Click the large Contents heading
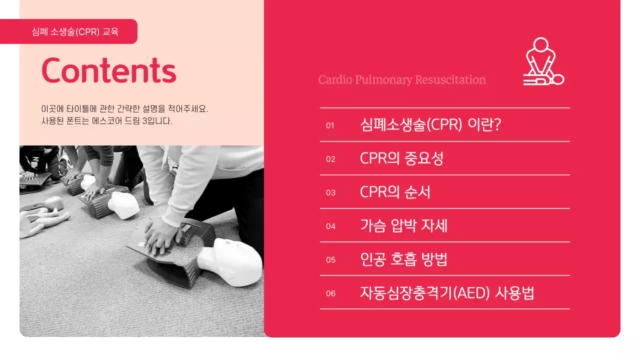pos(108,70)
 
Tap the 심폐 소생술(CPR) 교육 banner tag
pos(75,31)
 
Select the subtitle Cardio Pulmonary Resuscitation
pos(401,79)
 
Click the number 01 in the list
pos(330,125)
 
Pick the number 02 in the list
pos(330,159)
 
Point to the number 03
pos(330,192)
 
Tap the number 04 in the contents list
pos(330,226)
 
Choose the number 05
pos(330,259)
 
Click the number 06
pos(330,293)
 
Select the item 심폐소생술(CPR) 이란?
pos(430,124)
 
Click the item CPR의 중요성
pos(401,158)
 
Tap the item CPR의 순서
pos(395,192)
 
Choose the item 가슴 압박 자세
pos(403,225)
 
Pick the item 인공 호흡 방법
pos(403,259)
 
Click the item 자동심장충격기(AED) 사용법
pos(447,292)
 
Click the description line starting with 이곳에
pos(124,108)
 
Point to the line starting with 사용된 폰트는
pos(106,121)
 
